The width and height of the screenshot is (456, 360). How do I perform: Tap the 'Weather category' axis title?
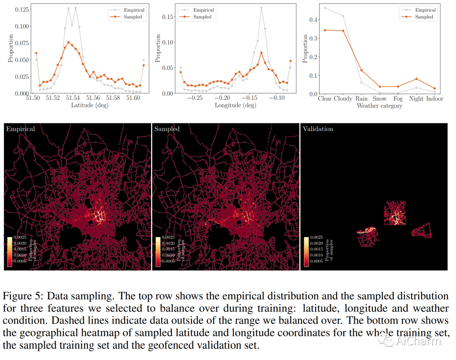[380, 106]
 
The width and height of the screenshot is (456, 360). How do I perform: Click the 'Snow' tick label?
[380, 98]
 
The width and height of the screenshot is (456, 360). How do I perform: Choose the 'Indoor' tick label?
[435, 98]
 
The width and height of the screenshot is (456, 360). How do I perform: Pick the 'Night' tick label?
[416, 98]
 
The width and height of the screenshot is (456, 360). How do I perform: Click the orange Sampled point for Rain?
[361, 71]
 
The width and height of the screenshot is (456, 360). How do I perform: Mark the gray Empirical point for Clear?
[325, 8]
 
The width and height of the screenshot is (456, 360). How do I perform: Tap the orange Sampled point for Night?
[416, 79]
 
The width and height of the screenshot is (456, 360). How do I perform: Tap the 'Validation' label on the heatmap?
[318, 129]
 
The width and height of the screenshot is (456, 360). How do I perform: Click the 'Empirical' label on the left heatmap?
[20, 129]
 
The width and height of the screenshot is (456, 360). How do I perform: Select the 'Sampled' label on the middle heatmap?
[167, 129]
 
